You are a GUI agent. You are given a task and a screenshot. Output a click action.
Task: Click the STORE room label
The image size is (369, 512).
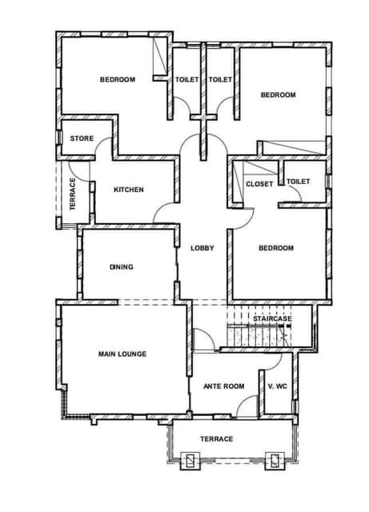coord(82,138)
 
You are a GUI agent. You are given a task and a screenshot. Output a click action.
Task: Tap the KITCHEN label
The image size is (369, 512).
coord(128,190)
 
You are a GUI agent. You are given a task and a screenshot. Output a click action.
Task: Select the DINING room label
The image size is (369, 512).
coord(121,266)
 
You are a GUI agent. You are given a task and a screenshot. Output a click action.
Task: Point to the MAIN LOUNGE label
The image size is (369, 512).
coord(122,354)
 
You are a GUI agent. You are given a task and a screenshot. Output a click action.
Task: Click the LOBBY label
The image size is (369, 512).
coord(203,248)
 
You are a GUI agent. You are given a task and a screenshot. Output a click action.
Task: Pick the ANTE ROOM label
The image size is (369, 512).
coord(224,386)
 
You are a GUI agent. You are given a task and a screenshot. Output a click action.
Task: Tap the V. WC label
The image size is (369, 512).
coord(278,386)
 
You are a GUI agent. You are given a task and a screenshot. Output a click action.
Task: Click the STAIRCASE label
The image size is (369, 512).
coord(272,318)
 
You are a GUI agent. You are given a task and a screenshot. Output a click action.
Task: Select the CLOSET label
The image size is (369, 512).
coord(259,184)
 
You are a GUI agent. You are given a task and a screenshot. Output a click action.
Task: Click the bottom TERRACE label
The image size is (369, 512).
coord(217,439)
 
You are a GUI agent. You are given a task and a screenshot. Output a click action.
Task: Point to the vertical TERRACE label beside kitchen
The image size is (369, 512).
coord(73,194)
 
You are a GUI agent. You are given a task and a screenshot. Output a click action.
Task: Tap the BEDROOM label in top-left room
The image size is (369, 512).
coord(118,79)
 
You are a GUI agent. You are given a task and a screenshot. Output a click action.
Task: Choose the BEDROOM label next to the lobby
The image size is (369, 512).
coord(276,248)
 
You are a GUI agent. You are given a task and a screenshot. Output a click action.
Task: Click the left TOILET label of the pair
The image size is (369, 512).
coord(187,79)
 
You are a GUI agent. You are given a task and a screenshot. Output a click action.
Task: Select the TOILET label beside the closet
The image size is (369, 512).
coord(299,182)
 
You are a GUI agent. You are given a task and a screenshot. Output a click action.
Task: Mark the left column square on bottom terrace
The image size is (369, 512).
coord(191,461)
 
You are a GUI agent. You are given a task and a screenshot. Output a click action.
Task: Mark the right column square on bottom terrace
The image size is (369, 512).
coord(275,461)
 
